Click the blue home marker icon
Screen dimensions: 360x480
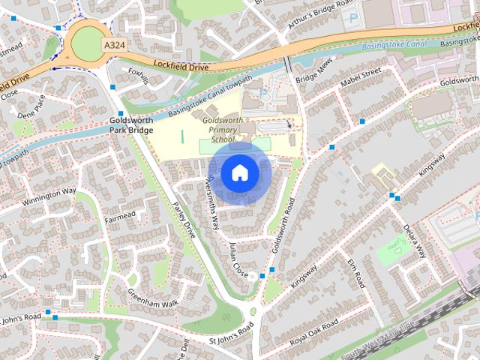pos(239,172)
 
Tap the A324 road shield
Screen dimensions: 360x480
pos(115,46)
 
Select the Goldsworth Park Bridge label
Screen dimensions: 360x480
pos(130,124)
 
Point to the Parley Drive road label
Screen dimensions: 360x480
pos(184,220)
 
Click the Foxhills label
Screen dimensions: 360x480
pos(138,75)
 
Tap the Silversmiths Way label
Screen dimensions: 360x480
pos(212,201)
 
